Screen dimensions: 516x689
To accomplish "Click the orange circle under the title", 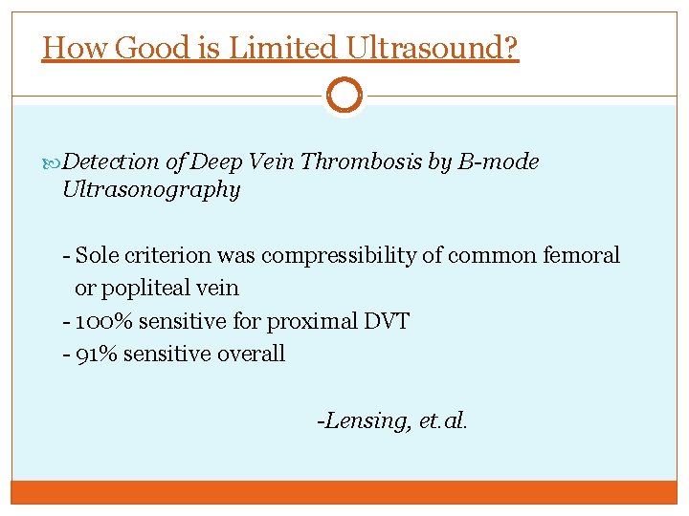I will coord(344,95).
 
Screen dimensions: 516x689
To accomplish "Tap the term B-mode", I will coord(498,162).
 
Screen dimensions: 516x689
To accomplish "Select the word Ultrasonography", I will coord(150,190).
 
